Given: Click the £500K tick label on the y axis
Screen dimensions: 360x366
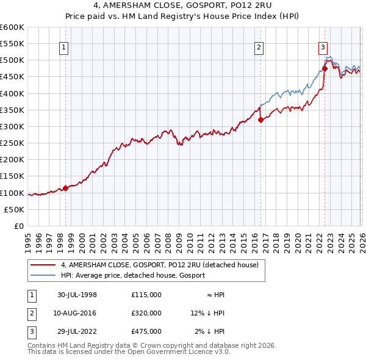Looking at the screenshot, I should click(12, 60).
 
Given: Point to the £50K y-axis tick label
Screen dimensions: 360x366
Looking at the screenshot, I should click(14, 209).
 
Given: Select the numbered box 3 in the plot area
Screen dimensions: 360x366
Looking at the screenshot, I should click(323, 46).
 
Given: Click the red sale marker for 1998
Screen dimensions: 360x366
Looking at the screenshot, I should click(66, 188).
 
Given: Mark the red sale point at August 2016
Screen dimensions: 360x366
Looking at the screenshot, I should click(260, 120).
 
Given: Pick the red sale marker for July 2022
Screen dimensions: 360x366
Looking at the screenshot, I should click(325, 68).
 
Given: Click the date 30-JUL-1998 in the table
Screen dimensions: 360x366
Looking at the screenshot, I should click(77, 295).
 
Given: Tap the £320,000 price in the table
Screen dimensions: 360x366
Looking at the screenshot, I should click(146, 313).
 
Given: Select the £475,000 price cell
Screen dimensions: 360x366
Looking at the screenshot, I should click(146, 331).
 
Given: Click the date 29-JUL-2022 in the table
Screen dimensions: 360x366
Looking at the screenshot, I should click(77, 331).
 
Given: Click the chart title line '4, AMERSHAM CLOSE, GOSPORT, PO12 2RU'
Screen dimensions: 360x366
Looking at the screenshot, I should click(183, 6).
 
